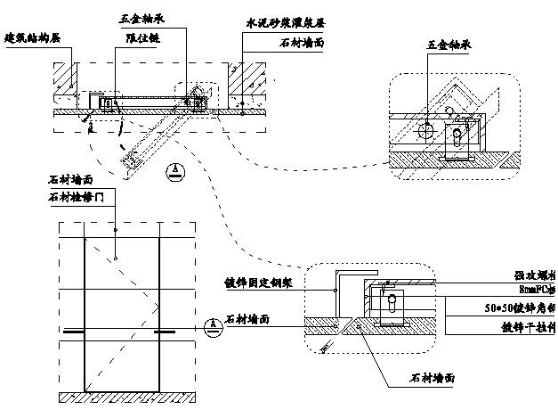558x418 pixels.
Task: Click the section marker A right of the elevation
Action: pyautogui.click(x=210, y=324)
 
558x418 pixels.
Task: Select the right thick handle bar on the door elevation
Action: pyautogui.click(x=164, y=332)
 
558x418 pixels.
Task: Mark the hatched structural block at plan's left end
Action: pyautogui.click(x=64, y=81)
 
